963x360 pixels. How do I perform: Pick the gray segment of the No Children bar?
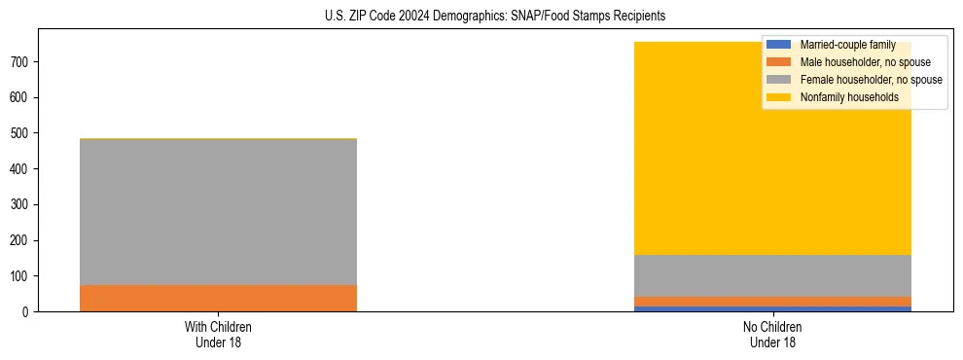click(773, 275)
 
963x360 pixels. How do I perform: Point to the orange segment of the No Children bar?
click(773, 302)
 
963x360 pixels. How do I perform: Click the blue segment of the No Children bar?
click(773, 309)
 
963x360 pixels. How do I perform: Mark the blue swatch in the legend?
click(779, 45)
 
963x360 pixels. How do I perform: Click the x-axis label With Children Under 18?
click(218, 334)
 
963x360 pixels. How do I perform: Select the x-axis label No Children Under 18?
click(773, 334)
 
